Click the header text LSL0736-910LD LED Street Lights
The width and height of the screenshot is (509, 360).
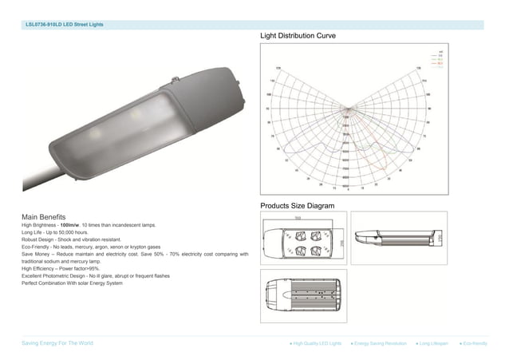tap(65, 25)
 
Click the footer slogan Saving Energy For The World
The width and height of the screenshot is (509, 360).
tap(57, 342)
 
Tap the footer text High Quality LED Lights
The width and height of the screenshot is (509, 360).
tap(318, 342)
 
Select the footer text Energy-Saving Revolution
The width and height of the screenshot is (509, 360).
tap(381, 342)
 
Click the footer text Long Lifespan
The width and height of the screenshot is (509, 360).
tap(434, 342)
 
